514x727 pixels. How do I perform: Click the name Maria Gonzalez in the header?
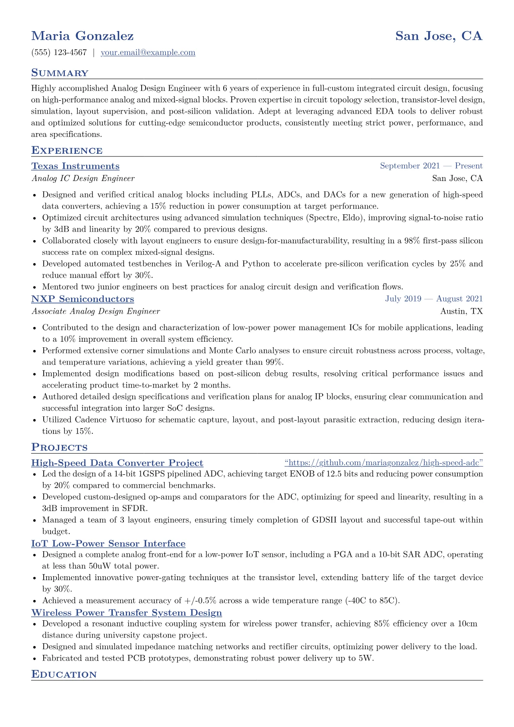(82, 36)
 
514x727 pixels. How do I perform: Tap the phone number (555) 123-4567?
(59, 53)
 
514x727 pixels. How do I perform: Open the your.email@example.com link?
(148, 53)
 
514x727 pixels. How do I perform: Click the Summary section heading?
(60, 73)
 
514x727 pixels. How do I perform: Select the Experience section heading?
(67, 151)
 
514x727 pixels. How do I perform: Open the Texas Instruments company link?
(76, 166)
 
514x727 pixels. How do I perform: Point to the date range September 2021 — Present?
(431, 166)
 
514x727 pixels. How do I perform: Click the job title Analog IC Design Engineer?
(83, 178)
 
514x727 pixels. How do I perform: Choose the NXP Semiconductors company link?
(82, 299)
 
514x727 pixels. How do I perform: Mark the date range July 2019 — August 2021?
(434, 299)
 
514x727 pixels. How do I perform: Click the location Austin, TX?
(461, 311)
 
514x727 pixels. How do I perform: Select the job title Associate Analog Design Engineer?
(95, 311)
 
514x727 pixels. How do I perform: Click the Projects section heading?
(60, 448)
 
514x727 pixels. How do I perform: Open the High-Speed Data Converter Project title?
(117, 463)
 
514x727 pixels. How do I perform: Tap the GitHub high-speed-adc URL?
(384, 463)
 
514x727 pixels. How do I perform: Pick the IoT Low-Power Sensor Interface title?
(108, 543)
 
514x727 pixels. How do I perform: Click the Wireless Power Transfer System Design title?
(127, 613)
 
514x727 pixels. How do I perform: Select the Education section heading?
(64, 675)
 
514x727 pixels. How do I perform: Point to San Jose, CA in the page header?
(438, 36)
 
